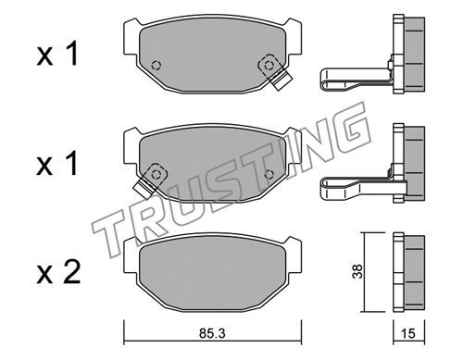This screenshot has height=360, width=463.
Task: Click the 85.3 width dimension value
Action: click(212, 333)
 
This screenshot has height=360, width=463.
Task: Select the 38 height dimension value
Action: click(358, 272)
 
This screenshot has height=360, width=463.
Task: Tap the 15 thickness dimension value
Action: click(408, 333)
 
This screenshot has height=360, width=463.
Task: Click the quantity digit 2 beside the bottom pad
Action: click(71, 272)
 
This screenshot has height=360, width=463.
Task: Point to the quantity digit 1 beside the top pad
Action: click(71, 54)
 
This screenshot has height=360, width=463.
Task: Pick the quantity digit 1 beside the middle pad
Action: click(71, 164)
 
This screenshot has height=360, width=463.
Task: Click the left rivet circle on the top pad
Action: click(156, 66)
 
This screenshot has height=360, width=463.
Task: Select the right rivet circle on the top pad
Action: click(269, 66)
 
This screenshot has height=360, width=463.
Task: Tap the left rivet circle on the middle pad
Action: click(156, 175)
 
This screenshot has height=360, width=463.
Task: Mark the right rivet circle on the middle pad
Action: click(269, 175)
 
